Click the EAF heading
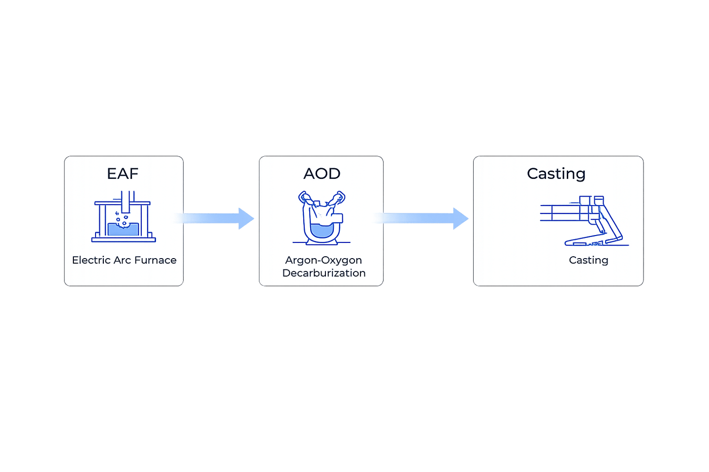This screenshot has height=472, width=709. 123,174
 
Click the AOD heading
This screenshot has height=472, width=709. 322,174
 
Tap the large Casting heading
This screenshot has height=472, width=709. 556,174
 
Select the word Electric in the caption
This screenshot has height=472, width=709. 91,260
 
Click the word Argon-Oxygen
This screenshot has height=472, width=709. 323,260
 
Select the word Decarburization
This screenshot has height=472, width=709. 324,273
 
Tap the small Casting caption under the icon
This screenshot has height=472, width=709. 588,260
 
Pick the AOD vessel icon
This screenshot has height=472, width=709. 322,218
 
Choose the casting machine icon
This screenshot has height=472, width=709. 584,221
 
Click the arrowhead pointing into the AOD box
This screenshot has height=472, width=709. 246,218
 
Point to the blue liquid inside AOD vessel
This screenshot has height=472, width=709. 322,230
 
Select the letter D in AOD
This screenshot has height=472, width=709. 334,174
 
